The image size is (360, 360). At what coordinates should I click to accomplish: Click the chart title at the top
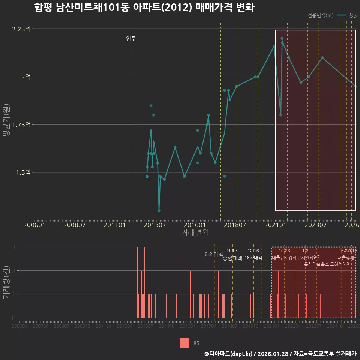point(144,7)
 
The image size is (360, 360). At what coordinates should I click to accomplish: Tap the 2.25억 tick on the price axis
point(21,29)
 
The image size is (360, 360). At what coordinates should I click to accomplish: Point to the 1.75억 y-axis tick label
point(21,125)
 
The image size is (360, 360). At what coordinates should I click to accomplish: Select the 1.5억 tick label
point(23,172)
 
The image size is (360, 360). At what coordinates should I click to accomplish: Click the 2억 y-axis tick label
point(26,77)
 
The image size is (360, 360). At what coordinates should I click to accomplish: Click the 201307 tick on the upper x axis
point(155,225)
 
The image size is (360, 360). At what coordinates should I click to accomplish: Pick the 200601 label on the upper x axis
point(34,225)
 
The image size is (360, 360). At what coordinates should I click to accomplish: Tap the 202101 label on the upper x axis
point(275,225)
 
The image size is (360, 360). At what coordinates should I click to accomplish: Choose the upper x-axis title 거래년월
point(195,233)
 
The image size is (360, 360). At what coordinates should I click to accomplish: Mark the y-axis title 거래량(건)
point(6,282)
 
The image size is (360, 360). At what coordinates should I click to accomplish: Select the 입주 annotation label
point(131,38)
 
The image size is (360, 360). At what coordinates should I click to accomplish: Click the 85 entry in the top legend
point(352,15)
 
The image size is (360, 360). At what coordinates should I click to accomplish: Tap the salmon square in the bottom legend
point(184,343)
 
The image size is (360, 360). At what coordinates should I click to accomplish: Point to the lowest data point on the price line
point(159,211)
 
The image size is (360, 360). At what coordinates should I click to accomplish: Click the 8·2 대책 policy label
point(214,254)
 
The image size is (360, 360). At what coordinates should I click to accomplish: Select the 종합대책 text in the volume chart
point(232,258)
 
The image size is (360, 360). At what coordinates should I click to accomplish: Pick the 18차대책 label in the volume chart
point(253,258)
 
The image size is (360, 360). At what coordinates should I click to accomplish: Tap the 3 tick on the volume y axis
point(13,247)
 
